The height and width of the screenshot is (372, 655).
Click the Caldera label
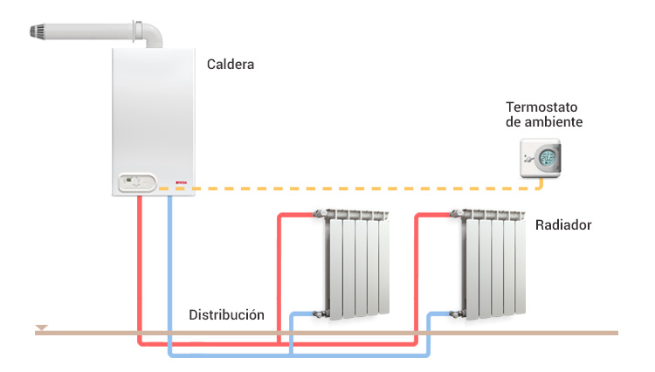(231, 64)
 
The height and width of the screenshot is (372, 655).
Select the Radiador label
(563, 225)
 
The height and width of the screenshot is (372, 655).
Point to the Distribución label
(226, 314)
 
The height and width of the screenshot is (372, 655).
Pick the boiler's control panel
(134, 183)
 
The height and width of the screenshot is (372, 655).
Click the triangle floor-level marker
(41, 328)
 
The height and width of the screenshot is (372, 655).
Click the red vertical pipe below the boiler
(139, 262)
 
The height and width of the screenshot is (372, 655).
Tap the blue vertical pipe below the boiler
(169, 262)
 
